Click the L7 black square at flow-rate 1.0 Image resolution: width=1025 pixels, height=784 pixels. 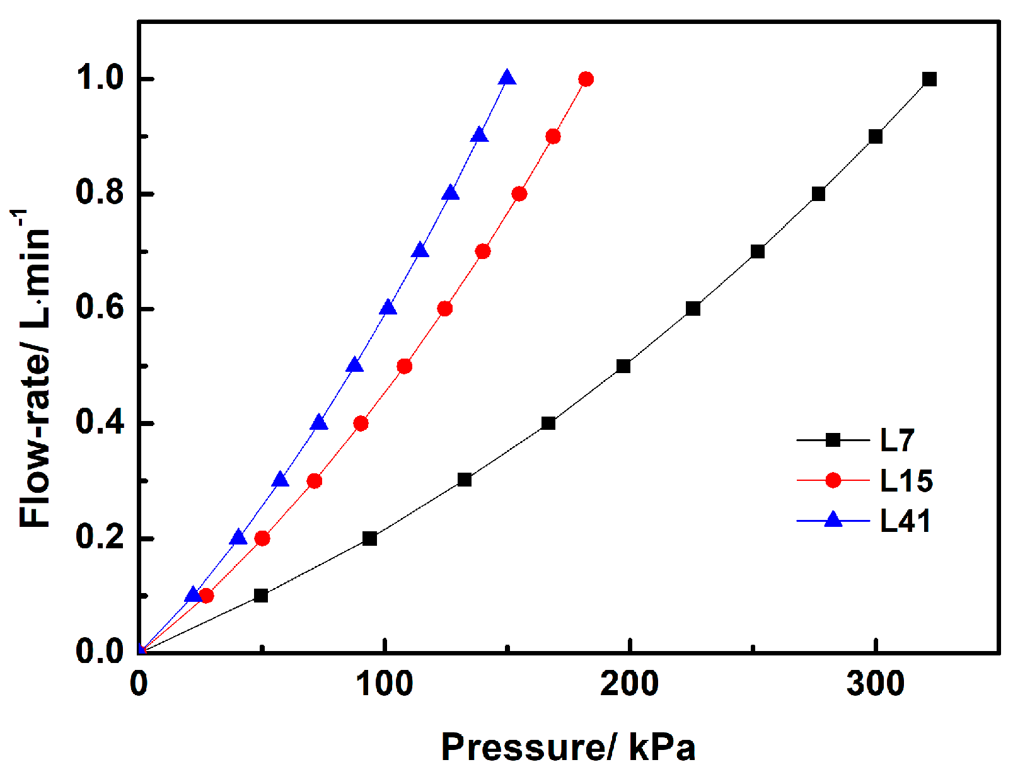929,79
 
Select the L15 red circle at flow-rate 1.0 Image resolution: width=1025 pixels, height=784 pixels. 586,79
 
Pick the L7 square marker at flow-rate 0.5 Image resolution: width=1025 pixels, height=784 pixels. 623,366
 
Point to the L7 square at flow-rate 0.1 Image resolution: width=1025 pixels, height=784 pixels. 260,596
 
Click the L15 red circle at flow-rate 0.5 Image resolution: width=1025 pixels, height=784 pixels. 405,366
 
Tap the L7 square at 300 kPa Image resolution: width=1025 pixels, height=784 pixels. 875,137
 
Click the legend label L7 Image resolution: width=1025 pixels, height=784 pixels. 896,441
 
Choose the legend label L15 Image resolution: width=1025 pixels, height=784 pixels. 906,481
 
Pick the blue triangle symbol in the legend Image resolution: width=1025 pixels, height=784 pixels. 833,520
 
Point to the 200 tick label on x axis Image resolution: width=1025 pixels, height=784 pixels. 629,684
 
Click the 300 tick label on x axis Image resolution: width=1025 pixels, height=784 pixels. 875,684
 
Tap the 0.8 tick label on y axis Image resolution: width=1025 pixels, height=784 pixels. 99,193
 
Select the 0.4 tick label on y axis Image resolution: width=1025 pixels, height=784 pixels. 99,423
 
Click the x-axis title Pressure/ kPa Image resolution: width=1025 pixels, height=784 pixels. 567,747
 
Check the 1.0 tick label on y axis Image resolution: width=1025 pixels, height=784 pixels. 99,79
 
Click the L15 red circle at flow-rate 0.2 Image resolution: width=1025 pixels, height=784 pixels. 262,538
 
